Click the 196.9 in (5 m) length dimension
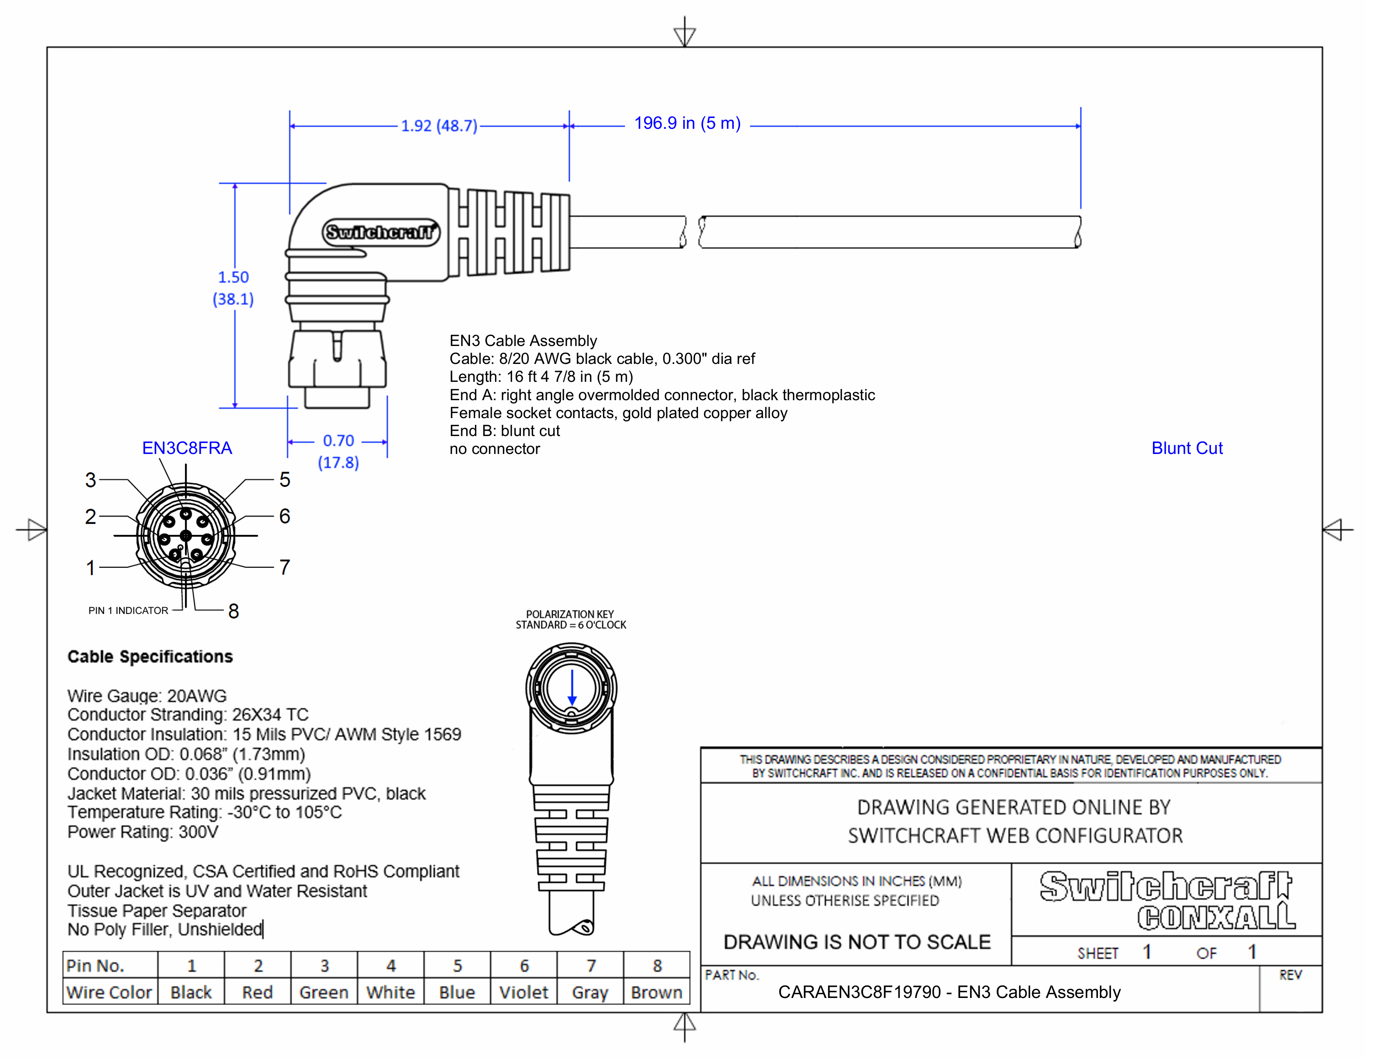[x=687, y=123]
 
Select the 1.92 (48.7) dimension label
[x=439, y=126]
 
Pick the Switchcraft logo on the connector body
[x=381, y=232]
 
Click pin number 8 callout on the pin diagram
[x=234, y=611]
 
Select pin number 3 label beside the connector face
[x=91, y=480]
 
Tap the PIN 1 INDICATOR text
[x=128, y=610]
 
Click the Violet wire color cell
[x=523, y=993]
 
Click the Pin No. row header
[x=96, y=965]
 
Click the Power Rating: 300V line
[x=143, y=832]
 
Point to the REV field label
[x=1290, y=975]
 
